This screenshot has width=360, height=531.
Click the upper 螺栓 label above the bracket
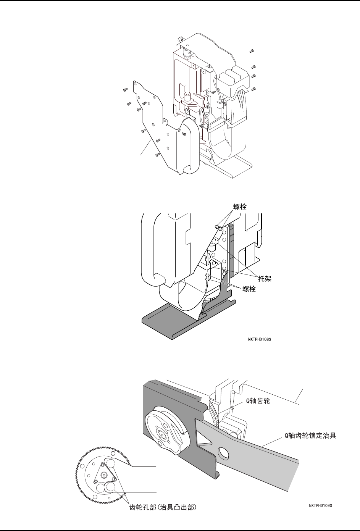240,207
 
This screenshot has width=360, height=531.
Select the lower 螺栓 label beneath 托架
249,289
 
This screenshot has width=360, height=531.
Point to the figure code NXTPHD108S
262,339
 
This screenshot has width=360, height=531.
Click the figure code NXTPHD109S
321,506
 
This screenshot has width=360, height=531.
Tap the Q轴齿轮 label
256,402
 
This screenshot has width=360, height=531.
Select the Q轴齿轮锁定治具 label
310,436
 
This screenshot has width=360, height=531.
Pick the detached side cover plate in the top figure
153,122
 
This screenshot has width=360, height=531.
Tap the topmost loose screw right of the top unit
252,51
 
